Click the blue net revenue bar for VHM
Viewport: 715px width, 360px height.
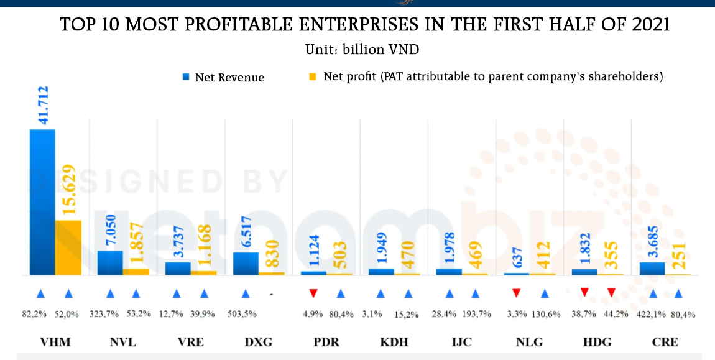(x=42, y=202)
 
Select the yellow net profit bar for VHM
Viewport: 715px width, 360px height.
(x=68, y=247)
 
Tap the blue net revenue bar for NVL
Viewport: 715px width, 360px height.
(x=110, y=262)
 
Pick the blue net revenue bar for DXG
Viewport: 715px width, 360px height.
(x=246, y=263)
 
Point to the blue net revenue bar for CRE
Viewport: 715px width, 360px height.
(x=652, y=268)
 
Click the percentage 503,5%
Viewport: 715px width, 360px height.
(x=244, y=314)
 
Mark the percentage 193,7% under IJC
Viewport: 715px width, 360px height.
(x=476, y=314)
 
